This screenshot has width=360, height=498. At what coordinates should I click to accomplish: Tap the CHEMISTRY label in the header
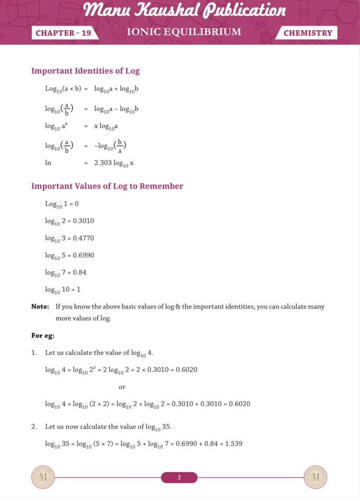tap(308, 33)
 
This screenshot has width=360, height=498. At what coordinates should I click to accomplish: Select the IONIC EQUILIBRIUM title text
tap(184, 32)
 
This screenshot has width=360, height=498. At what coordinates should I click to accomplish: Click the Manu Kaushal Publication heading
tap(184, 10)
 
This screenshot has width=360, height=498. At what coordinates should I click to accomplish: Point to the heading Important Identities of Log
tap(86, 71)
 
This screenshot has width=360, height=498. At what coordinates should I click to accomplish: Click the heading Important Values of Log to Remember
tap(107, 186)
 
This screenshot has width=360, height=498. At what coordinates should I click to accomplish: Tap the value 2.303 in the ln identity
tap(103, 163)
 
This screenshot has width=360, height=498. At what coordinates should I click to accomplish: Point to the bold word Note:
tap(40, 306)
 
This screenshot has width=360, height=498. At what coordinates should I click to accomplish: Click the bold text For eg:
tap(43, 335)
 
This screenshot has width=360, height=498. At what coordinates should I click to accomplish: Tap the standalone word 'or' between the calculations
tap(122, 387)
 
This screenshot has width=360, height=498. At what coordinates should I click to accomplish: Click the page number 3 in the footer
tap(179, 478)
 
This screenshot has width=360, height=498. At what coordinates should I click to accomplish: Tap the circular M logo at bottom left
tap(42, 478)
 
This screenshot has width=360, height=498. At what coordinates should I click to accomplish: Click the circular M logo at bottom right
tap(315, 478)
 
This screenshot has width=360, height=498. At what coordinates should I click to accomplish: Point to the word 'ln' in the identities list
tap(48, 163)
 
